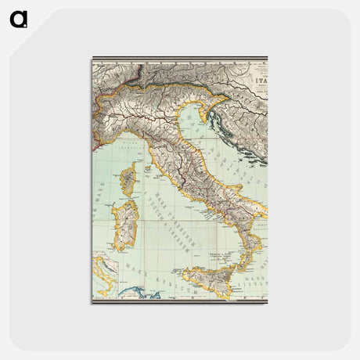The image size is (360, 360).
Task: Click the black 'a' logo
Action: tap(19, 19)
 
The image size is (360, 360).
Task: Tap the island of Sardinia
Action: tap(124, 226)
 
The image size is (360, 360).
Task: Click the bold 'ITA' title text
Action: tap(258, 78)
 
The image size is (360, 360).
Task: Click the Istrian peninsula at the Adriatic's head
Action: tap(212, 117)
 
